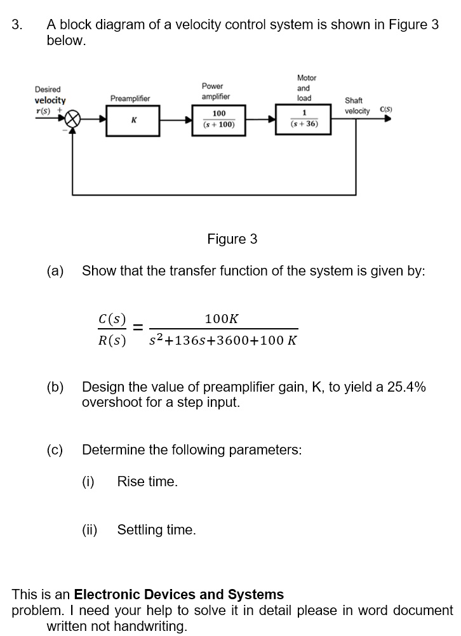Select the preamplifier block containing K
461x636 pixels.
click(x=133, y=119)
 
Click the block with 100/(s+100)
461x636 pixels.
click(x=218, y=119)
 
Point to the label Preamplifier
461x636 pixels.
click(x=130, y=98)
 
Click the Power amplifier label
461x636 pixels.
click(x=216, y=91)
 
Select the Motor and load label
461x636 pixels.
click(x=305, y=88)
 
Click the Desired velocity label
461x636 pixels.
click(x=49, y=95)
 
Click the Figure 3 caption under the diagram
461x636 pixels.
click(x=232, y=239)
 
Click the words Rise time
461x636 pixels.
click(x=147, y=482)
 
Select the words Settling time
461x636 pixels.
click(x=156, y=529)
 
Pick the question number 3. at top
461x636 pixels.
click(x=18, y=25)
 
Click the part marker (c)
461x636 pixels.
click(x=55, y=450)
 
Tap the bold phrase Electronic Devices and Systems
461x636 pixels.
click(x=179, y=595)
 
